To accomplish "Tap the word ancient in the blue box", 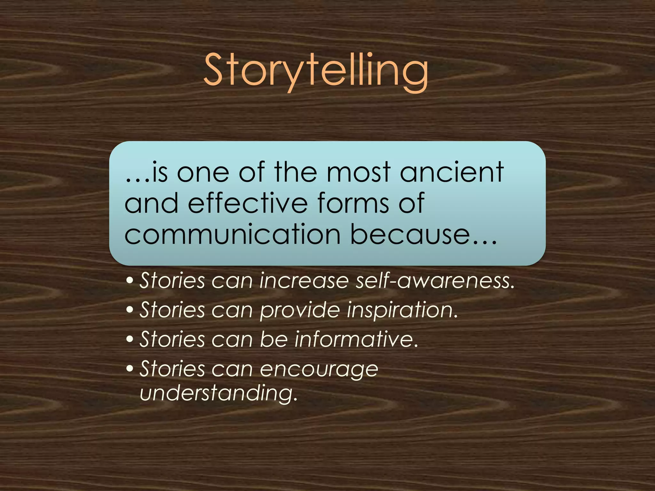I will coord(452,173).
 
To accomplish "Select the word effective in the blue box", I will coord(248,203).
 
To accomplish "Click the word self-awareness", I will coord(435,281).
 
